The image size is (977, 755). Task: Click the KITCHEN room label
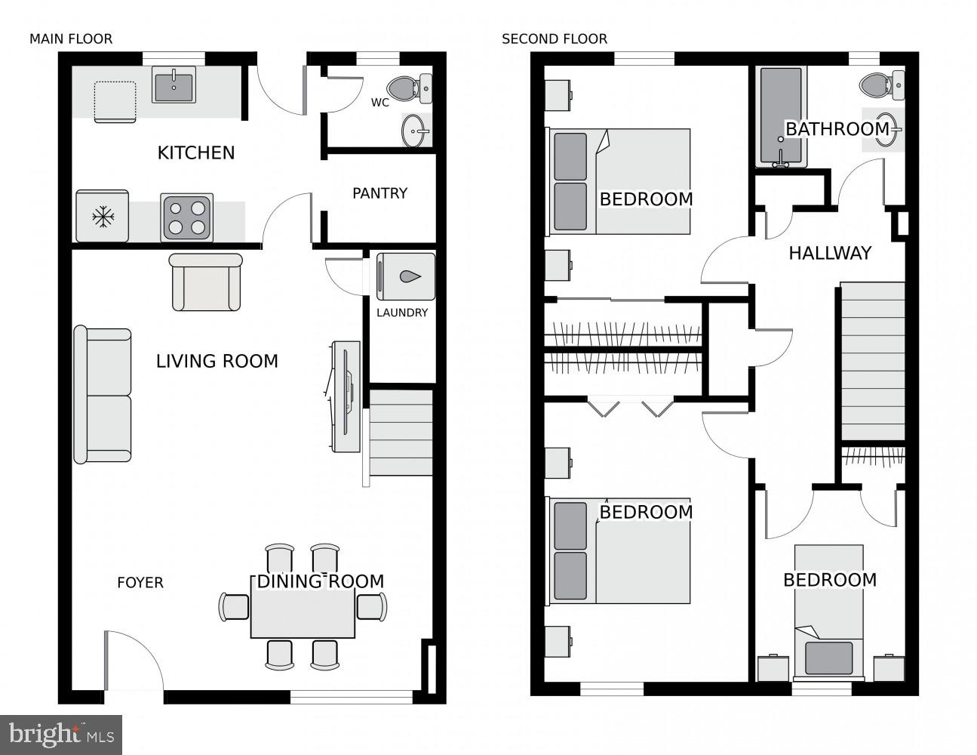coord(195,153)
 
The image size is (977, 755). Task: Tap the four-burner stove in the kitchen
coord(186,217)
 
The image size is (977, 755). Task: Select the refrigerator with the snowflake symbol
coord(102,217)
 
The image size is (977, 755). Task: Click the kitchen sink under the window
coord(174,85)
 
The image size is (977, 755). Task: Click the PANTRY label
coord(379,193)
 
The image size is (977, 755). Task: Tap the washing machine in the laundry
coord(406,276)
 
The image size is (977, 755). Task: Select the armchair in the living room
coord(206,282)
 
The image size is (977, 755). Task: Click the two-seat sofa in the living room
coord(103,395)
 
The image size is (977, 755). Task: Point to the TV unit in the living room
coord(346,396)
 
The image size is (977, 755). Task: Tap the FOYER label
coord(140,583)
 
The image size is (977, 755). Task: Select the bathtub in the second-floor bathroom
coord(780,117)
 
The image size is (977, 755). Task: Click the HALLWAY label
coord(830,253)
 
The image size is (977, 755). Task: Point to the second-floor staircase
coord(872,361)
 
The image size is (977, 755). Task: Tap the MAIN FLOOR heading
coord(71,39)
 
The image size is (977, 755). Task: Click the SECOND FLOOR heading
coord(554,39)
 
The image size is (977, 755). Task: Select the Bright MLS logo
coord(62,734)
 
